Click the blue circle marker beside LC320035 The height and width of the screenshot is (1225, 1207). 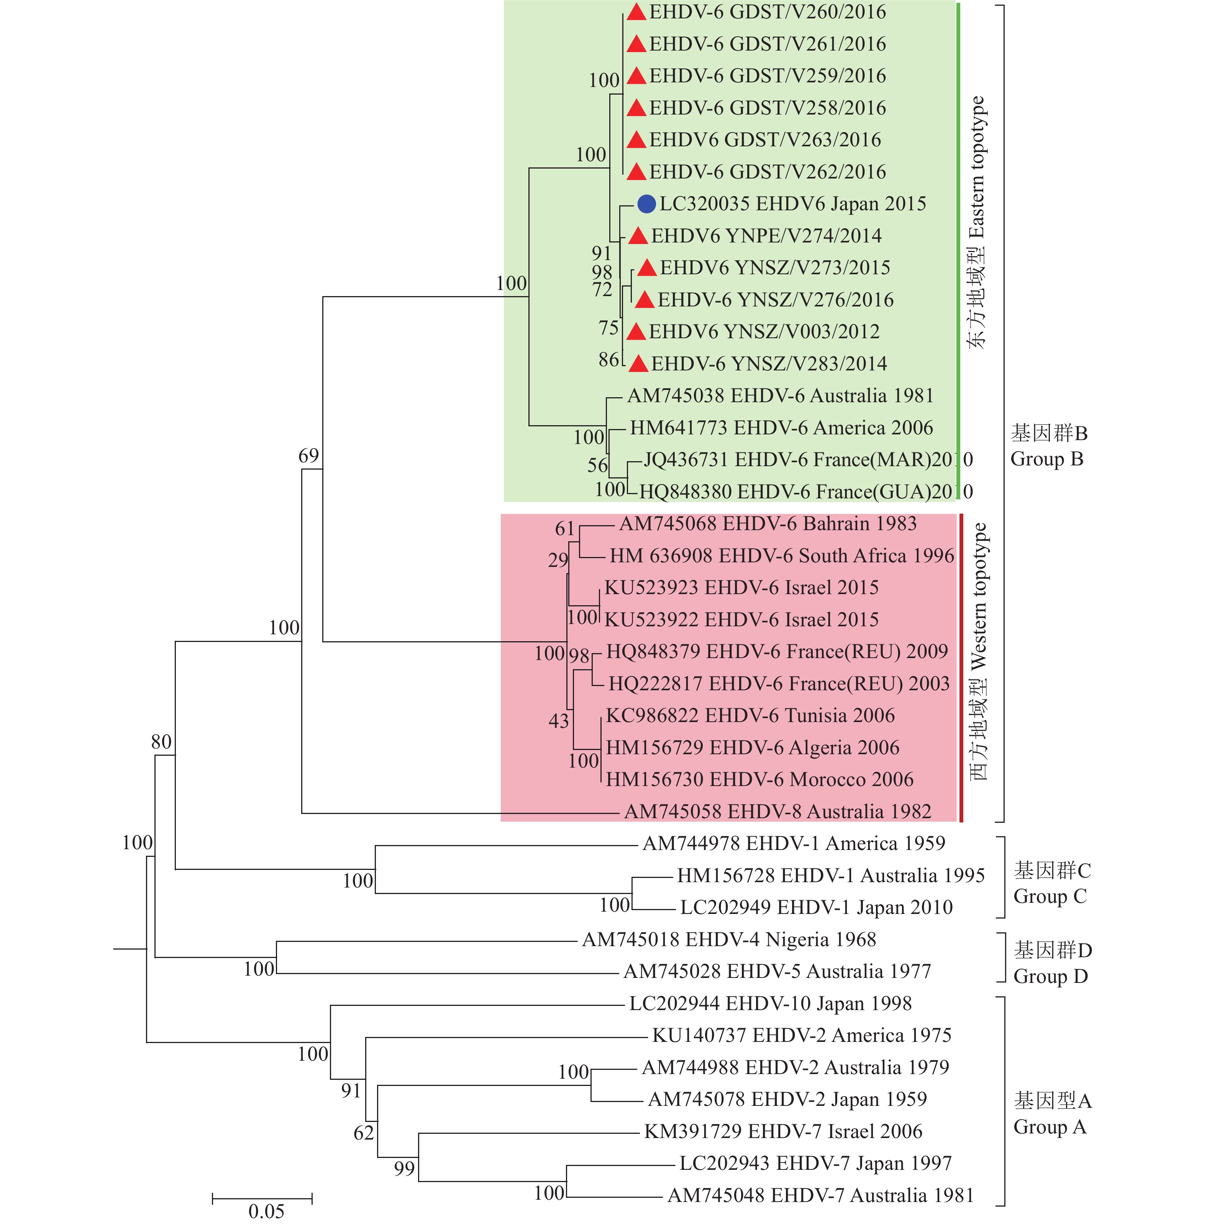(x=646, y=204)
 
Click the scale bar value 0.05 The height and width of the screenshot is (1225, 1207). (x=266, y=1211)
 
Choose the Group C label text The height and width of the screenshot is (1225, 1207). (x=1052, y=883)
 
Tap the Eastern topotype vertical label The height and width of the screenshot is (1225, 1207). (x=977, y=222)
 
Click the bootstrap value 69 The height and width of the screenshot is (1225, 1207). (x=309, y=456)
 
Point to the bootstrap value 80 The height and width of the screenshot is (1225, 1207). (x=161, y=742)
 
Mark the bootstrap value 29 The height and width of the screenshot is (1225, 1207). (x=558, y=560)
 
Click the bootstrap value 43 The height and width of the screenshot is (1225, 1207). (x=559, y=721)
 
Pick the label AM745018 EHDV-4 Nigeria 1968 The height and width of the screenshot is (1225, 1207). (x=729, y=939)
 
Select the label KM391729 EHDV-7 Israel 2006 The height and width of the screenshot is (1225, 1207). (x=783, y=1131)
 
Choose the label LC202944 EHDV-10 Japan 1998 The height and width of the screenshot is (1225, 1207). (x=770, y=1003)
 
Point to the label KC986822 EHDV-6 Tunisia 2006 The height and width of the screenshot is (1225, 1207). (x=750, y=716)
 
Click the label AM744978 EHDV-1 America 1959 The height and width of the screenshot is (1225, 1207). (x=794, y=843)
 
